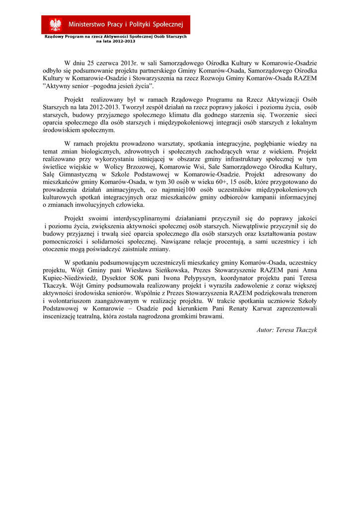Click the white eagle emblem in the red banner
pyautogui.click(x=55, y=24)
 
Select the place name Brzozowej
pyautogui.click(x=135, y=167)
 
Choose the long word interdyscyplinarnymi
pyautogui.click(x=136, y=218)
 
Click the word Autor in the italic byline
pyautogui.click(x=266, y=329)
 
